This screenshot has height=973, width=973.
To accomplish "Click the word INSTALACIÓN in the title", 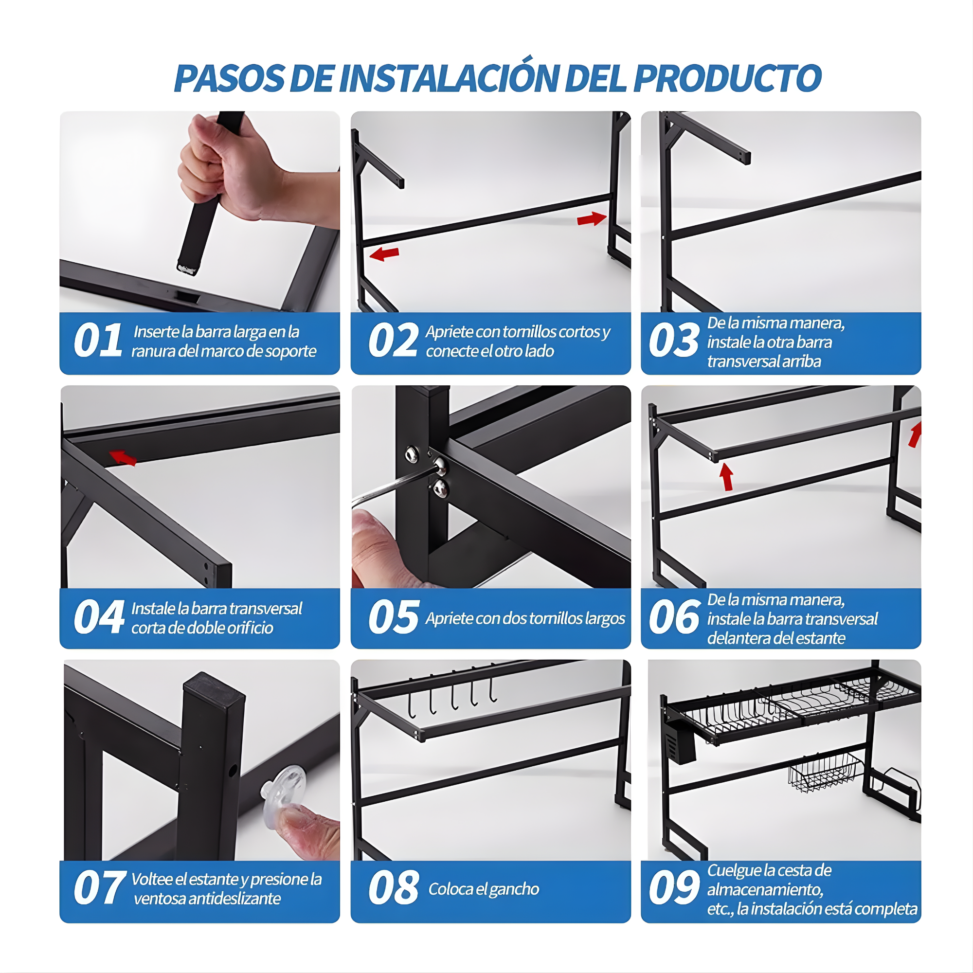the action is (450, 78).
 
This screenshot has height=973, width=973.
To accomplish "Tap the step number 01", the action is (98, 341).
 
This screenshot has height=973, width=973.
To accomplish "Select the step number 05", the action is (393, 617).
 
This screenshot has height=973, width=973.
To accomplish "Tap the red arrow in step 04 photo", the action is (123, 457).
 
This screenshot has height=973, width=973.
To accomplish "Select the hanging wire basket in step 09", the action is (825, 771).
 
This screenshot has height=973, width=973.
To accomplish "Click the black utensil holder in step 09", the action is (681, 744).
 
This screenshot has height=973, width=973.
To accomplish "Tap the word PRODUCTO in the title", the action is (727, 78).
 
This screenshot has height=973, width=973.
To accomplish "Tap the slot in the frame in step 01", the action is (187, 297).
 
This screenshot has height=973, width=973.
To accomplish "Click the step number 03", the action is (674, 341).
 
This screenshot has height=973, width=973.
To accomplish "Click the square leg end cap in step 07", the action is (214, 686).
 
